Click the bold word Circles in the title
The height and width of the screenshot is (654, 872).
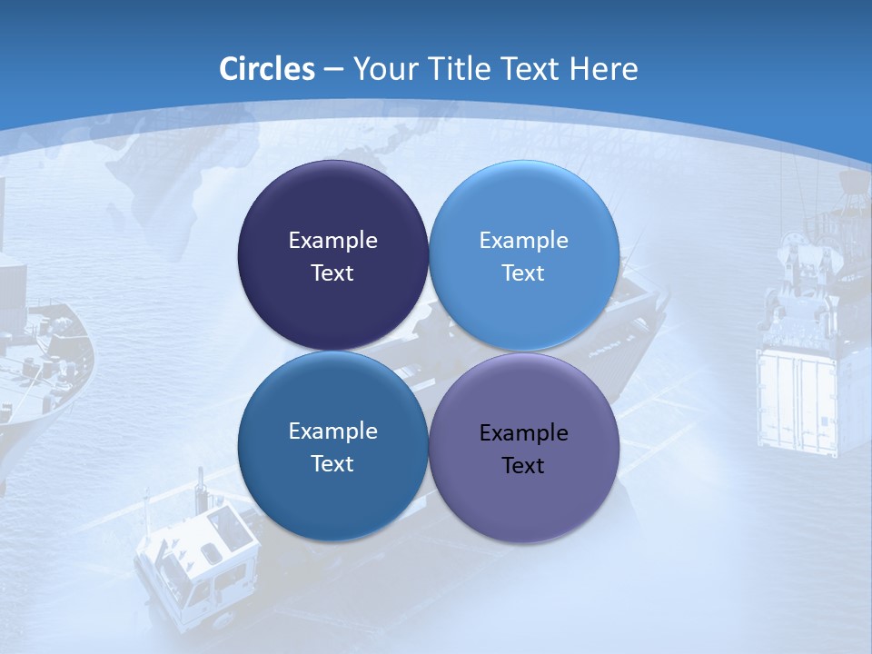point(266,69)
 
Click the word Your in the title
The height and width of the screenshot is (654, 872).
point(382,69)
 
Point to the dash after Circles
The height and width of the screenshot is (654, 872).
point(332,70)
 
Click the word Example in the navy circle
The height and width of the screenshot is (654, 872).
point(332,240)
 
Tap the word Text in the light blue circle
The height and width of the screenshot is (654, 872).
point(523,272)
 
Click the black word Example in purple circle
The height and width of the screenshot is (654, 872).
point(523,432)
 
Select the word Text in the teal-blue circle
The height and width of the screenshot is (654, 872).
point(332,463)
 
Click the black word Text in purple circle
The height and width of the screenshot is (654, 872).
point(523,465)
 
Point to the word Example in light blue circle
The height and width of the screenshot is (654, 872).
point(523,240)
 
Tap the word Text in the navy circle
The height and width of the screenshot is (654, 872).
point(332,272)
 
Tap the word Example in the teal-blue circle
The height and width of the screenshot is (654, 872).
point(332,431)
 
